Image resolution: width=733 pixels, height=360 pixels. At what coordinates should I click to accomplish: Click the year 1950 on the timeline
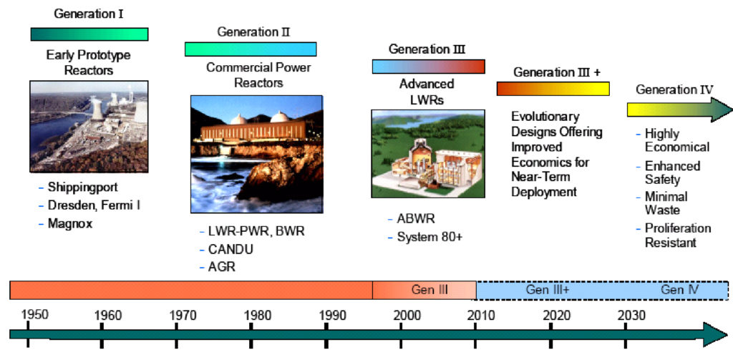pyautogui.click(x=34, y=314)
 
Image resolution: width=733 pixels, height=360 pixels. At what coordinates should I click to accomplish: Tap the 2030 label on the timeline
pyautogui.click(x=631, y=315)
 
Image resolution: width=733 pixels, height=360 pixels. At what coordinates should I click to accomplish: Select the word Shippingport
pyautogui.click(x=83, y=188)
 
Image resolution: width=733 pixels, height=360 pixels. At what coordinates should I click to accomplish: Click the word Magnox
pyautogui.click(x=70, y=223)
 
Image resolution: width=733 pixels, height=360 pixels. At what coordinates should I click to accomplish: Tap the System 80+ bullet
pyautogui.click(x=429, y=237)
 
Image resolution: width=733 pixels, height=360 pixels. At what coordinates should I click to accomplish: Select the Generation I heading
pyautogui.click(x=89, y=14)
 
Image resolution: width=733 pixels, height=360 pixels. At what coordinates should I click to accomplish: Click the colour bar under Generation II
pyautogui.click(x=251, y=49)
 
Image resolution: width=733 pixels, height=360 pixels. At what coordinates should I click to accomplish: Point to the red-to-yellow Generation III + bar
pyautogui.click(x=553, y=88)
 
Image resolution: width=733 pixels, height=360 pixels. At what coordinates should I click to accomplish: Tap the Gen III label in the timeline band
pyautogui.click(x=429, y=290)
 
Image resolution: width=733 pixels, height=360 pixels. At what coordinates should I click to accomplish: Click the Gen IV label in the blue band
pyautogui.click(x=680, y=290)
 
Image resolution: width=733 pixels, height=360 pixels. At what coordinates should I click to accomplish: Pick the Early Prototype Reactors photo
pyautogui.click(x=89, y=126)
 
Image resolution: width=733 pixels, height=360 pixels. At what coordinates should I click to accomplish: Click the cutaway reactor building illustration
pyautogui.click(x=428, y=154)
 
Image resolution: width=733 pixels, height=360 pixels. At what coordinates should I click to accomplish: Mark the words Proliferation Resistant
pyautogui.click(x=678, y=235)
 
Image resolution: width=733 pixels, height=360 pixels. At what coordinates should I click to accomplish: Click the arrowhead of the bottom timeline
pyautogui.click(x=716, y=334)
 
